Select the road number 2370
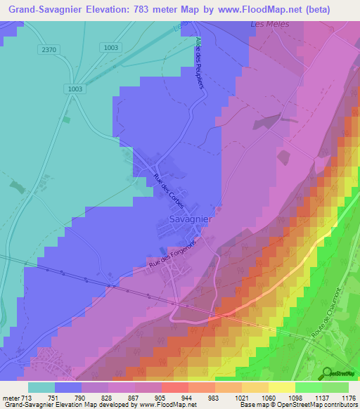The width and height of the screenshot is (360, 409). click(49, 50)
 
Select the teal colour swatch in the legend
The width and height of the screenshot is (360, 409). click(41, 387)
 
